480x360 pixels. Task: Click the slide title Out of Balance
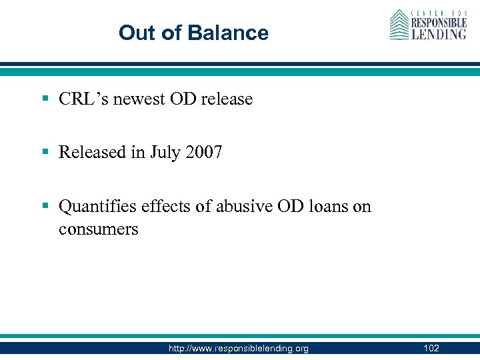point(193,33)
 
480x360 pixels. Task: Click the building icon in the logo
point(399,25)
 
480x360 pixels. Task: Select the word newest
point(137,99)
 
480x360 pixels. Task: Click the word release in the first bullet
point(227,99)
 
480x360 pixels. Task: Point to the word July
point(167,153)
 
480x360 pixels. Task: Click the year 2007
point(205,153)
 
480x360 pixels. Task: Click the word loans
point(324,207)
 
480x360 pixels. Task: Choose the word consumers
point(98,229)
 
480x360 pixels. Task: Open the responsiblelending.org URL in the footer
point(239,349)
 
